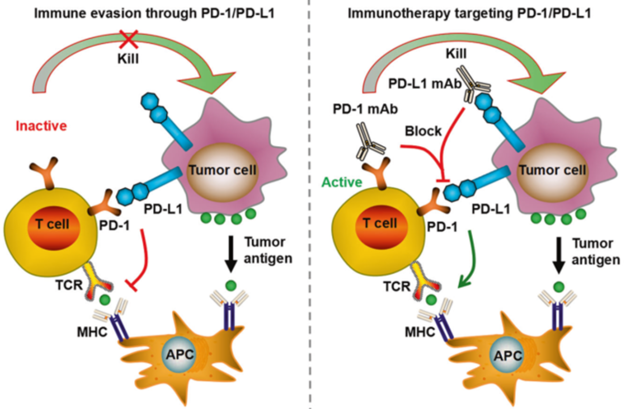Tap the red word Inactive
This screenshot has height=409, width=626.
41,126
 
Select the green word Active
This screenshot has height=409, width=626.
342,182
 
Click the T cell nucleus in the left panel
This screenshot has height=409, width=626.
54,228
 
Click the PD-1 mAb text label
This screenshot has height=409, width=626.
365,109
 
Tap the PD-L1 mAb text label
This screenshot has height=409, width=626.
425,83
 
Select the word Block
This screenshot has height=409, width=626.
423,131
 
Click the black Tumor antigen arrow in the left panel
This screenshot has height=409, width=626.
231,254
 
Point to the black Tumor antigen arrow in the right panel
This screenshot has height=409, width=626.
558,255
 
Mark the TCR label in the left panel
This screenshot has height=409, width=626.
69,285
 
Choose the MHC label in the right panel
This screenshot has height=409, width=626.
420,332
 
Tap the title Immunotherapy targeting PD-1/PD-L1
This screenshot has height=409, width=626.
469,13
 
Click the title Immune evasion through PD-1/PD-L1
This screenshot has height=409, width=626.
154,13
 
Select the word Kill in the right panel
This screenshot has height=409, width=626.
456,53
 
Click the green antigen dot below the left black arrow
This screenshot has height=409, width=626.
231,285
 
